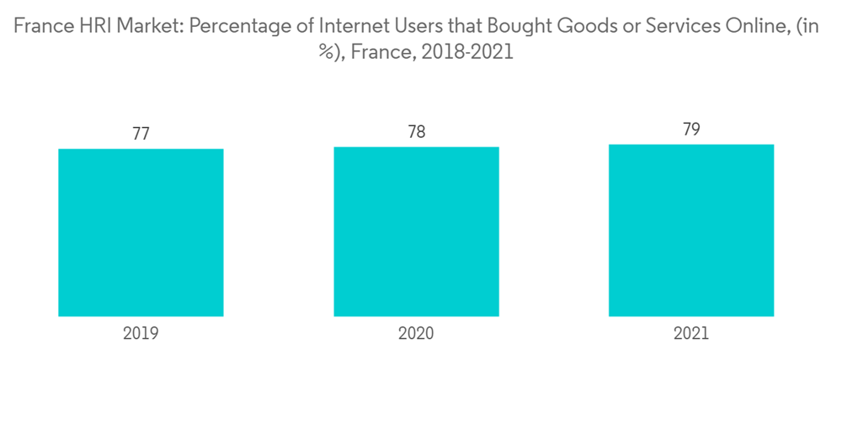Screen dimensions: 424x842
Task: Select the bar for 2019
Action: (x=141, y=232)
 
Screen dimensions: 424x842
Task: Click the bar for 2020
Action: (x=416, y=231)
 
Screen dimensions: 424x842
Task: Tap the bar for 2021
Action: (x=691, y=230)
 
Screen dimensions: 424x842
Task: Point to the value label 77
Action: (x=141, y=135)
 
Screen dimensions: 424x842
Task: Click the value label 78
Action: (x=416, y=132)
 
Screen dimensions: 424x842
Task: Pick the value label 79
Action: (x=691, y=130)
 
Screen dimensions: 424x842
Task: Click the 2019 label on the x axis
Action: (x=141, y=333)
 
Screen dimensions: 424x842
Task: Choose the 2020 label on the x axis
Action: (x=416, y=333)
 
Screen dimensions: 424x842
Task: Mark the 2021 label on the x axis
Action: (x=691, y=333)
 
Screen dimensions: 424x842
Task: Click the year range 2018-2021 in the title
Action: (x=468, y=52)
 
